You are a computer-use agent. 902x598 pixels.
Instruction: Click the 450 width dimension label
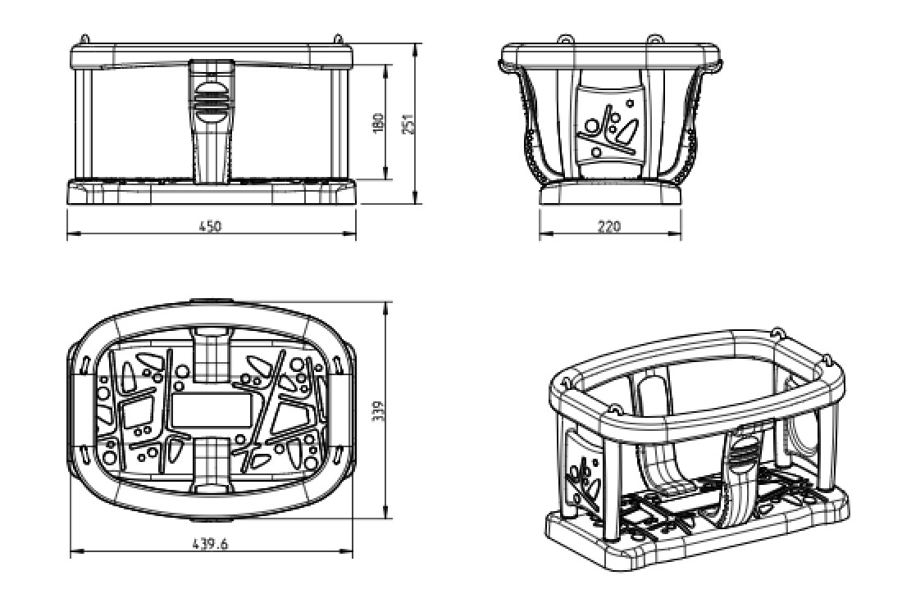point(209,226)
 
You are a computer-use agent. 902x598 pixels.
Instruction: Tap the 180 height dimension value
point(379,124)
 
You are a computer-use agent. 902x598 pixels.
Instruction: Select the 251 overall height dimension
point(408,125)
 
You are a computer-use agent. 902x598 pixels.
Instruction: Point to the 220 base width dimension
point(609,226)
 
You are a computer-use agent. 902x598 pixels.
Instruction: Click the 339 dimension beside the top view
point(379,411)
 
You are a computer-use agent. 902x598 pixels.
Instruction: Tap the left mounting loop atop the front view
point(84,39)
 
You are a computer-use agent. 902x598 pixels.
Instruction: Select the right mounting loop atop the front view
point(338,39)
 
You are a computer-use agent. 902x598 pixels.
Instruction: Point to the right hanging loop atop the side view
point(654,39)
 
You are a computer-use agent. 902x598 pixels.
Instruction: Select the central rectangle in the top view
point(211,410)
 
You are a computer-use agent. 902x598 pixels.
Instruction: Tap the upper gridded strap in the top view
point(211,355)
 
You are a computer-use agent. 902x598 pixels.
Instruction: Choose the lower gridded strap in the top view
point(211,464)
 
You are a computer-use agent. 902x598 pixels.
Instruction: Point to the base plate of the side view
point(610,194)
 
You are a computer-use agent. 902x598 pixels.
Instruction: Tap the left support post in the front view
point(83,123)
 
